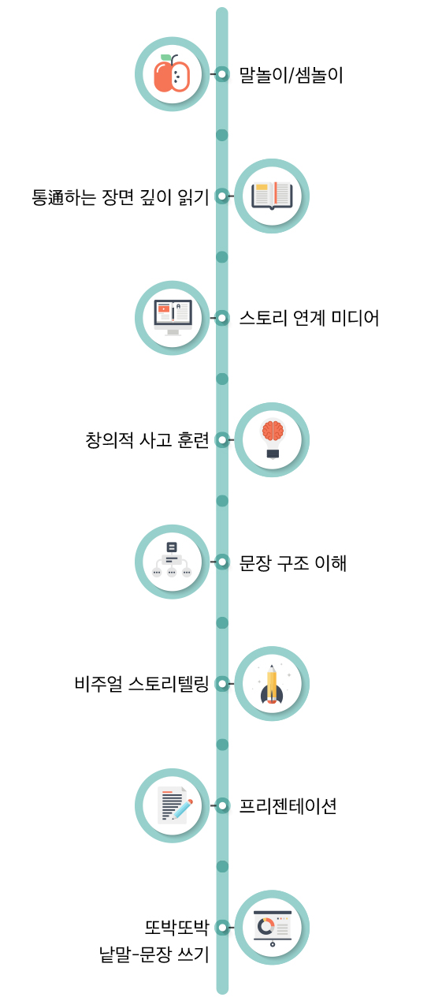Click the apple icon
(x=172, y=73)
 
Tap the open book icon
(x=272, y=196)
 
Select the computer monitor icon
(x=173, y=317)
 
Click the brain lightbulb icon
(x=273, y=439)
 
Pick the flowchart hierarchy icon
(x=172, y=560)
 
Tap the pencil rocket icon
(x=272, y=684)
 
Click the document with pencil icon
(x=175, y=805)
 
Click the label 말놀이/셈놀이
(x=291, y=75)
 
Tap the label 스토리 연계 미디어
(x=309, y=318)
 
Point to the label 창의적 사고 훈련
(x=147, y=440)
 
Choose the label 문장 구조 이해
(x=293, y=562)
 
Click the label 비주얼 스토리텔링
(x=142, y=684)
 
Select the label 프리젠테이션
(x=288, y=806)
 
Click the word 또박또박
(x=176, y=928)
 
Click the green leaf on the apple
(x=165, y=58)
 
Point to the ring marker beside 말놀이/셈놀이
(x=222, y=73)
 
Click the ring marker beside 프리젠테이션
(x=222, y=805)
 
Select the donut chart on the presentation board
(x=266, y=925)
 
